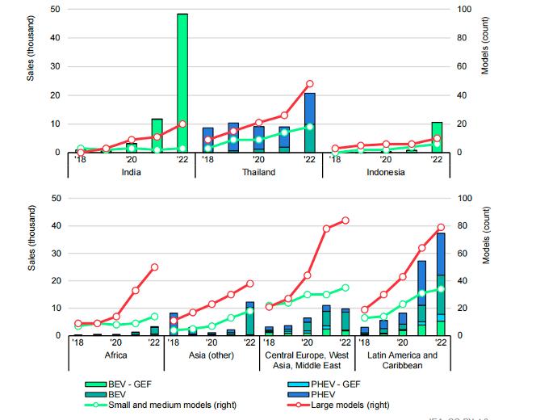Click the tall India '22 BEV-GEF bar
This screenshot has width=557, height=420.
[x=182, y=81]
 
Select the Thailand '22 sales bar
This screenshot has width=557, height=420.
[x=309, y=121]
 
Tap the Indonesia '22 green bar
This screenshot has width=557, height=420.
[x=437, y=136]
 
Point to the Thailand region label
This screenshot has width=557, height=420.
[x=258, y=172]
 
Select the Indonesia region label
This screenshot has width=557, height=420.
[x=386, y=172]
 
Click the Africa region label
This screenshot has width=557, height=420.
[x=116, y=355]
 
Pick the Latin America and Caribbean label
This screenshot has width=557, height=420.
[x=401, y=360]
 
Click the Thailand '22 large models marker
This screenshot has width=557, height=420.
[x=309, y=84]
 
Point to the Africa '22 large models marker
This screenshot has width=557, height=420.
[x=154, y=267]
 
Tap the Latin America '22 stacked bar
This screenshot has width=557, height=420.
[x=441, y=283]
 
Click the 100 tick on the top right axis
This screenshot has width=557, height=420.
[x=466, y=9]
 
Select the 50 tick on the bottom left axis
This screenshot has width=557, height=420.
[x=55, y=198]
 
